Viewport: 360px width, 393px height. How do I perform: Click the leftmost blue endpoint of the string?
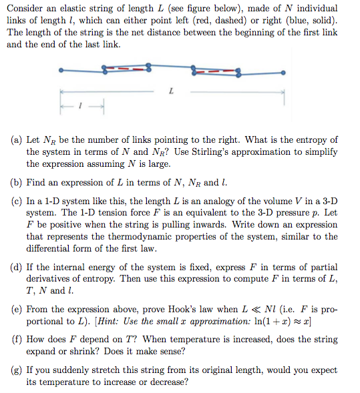click(61, 69)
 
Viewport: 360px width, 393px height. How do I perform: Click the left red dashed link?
click(126, 68)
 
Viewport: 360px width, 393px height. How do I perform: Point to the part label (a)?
click(17, 140)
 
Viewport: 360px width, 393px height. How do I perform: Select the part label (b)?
click(17, 183)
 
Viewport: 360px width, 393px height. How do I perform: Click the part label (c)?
click(17, 201)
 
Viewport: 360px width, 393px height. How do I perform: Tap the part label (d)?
click(17, 267)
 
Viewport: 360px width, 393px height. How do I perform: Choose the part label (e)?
click(17, 309)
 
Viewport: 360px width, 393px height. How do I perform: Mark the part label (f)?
click(17, 339)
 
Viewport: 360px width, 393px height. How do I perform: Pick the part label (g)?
click(17, 370)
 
